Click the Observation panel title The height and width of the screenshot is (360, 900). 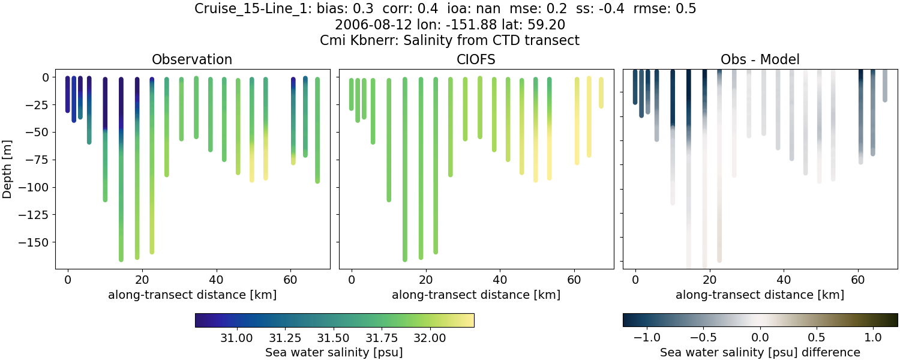[192, 59]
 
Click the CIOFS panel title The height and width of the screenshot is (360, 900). [476, 59]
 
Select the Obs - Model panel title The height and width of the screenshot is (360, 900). [760, 59]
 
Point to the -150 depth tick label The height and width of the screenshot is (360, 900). [40, 242]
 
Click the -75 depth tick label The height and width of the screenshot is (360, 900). [43, 160]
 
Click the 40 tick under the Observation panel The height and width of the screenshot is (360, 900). [216, 280]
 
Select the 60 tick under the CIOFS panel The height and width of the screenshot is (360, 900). [574, 280]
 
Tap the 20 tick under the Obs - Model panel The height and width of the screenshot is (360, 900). [709, 280]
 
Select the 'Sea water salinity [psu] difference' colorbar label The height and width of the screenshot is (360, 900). [760, 352]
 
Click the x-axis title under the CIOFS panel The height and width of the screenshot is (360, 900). [476, 295]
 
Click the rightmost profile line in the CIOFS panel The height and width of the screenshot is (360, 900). [601, 92]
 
